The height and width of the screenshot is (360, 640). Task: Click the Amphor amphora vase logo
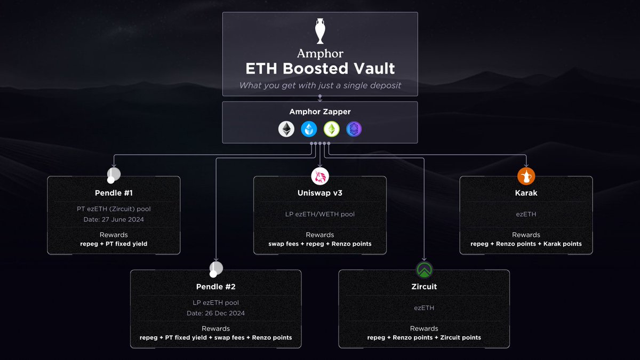pyautogui.click(x=320, y=31)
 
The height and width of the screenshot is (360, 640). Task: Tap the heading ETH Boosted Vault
pyautogui.click(x=320, y=69)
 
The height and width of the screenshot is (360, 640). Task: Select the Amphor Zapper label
pyautogui.click(x=320, y=111)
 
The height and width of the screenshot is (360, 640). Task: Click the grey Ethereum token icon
pyautogui.click(x=286, y=129)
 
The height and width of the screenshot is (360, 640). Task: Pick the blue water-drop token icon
pyautogui.click(x=309, y=129)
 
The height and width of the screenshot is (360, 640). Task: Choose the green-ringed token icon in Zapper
pyautogui.click(x=331, y=129)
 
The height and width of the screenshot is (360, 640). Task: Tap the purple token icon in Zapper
pyautogui.click(x=354, y=129)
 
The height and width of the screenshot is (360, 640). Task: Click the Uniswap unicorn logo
pyautogui.click(x=320, y=177)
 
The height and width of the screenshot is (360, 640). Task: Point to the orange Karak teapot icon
pyautogui.click(x=526, y=176)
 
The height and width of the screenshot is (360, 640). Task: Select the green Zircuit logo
pyautogui.click(x=424, y=270)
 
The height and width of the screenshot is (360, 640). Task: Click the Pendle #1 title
pyautogui.click(x=114, y=193)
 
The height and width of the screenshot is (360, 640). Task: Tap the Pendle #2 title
pyautogui.click(x=215, y=286)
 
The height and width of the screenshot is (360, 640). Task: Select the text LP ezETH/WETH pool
pyautogui.click(x=320, y=214)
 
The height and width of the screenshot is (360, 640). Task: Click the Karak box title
pyautogui.click(x=526, y=193)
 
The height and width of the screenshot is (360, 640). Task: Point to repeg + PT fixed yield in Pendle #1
pyautogui.click(x=114, y=244)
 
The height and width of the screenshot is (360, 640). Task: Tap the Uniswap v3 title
pyautogui.click(x=320, y=193)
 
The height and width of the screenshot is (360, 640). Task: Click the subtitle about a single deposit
pyautogui.click(x=320, y=85)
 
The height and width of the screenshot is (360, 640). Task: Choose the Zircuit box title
pyautogui.click(x=424, y=286)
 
